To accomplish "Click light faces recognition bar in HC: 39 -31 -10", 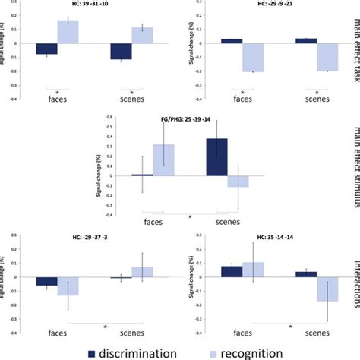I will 68,33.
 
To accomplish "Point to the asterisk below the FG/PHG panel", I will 190,218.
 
